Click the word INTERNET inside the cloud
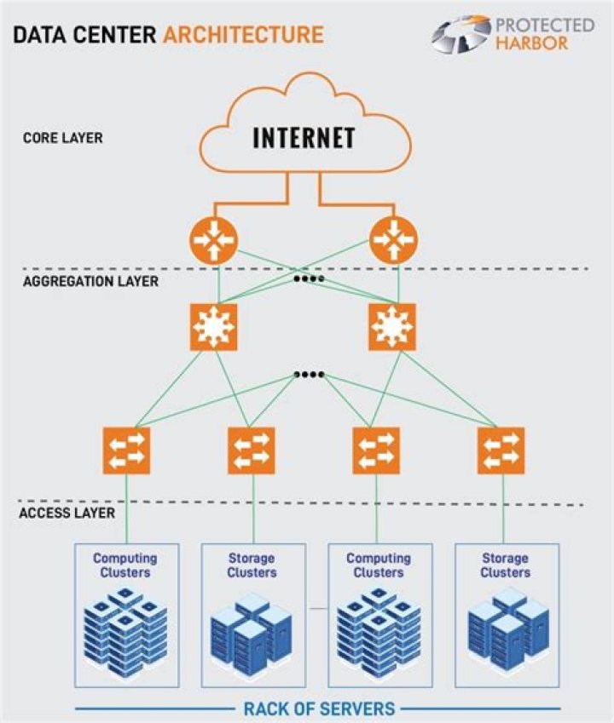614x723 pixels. pyautogui.click(x=304, y=137)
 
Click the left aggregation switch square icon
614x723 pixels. pyautogui.click(x=213, y=326)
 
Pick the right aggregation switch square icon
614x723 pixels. pyautogui.click(x=392, y=326)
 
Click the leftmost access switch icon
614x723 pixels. pyautogui.click(x=126, y=450)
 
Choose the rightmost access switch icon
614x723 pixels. pyautogui.click(x=501, y=450)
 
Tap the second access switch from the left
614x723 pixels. pyautogui.click(x=251, y=450)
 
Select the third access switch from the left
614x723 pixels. pyautogui.click(x=376, y=450)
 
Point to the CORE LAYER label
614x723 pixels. pyautogui.click(x=62, y=137)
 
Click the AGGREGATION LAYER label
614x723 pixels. pyautogui.click(x=90, y=280)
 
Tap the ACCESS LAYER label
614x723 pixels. pyautogui.click(x=67, y=513)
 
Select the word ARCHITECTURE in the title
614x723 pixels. pyautogui.click(x=243, y=35)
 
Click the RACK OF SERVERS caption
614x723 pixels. pyautogui.click(x=319, y=708)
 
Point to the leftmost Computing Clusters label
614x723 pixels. pyautogui.click(x=125, y=565)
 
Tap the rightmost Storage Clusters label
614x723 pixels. pyautogui.click(x=505, y=565)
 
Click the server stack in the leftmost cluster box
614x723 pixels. pyautogui.click(x=125, y=634)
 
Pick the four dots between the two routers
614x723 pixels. pyautogui.click(x=308, y=278)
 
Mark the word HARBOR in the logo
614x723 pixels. pyautogui.click(x=531, y=43)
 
